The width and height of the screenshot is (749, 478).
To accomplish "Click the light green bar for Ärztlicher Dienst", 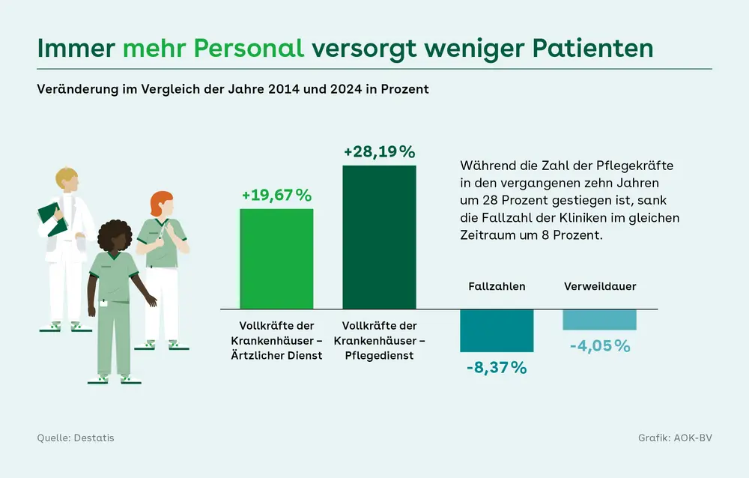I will point(276,258).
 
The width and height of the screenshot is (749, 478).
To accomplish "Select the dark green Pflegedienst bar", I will point(379,237).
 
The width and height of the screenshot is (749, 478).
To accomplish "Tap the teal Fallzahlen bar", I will point(497,330).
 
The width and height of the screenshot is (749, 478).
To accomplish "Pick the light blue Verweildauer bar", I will point(599,320).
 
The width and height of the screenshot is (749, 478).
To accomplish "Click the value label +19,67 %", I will point(276,196).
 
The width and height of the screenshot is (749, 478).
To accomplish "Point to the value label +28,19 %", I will point(379,152).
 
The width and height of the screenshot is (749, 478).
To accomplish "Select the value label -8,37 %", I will point(497,368).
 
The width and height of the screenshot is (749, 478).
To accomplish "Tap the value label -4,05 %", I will point(599,346).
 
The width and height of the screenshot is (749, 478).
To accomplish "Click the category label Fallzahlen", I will point(497,286).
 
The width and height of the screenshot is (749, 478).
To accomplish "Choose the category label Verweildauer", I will point(600,286).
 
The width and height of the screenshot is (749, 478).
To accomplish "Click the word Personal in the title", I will point(249,47).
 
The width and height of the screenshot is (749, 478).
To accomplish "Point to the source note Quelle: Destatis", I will point(76,438).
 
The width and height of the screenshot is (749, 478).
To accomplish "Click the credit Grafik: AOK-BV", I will point(675,438).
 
